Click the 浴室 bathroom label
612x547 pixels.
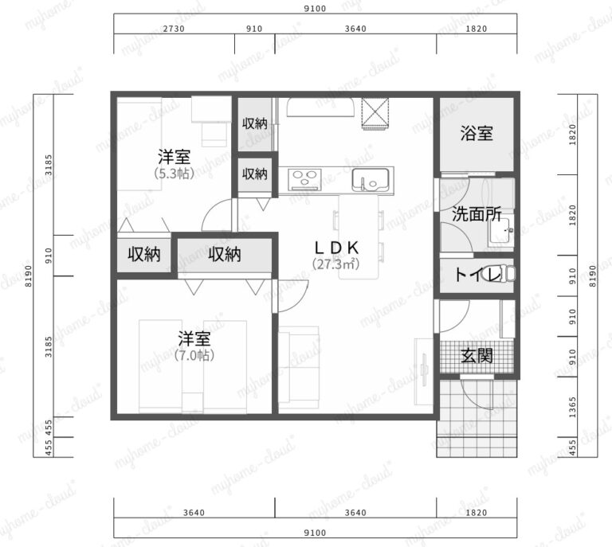[x=477, y=133]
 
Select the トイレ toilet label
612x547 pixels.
[x=477, y=275]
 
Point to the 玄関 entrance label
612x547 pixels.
[x=477, y=355]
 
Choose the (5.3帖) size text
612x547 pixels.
[x=173, y=172]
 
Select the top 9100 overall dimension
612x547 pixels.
[x=316, y=9]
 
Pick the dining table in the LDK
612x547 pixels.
[x=359, y=235]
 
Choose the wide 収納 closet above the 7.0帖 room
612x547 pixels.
[x=225, y=255]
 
